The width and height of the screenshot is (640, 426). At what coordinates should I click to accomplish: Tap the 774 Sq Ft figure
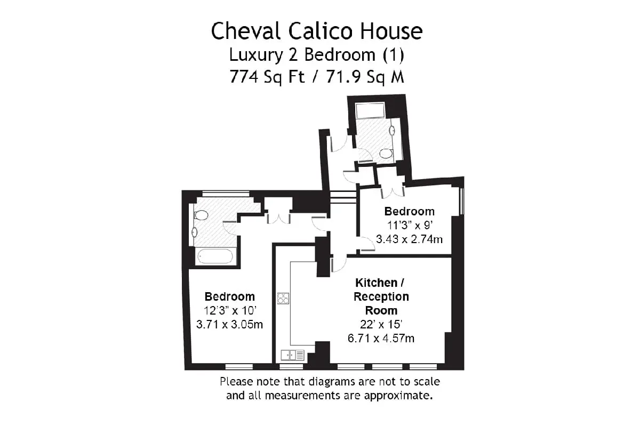(x=267, y=77)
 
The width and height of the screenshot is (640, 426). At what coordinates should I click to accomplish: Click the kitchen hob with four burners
(x=283, y=298)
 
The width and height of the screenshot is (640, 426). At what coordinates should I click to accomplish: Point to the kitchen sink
(x=293, y=355)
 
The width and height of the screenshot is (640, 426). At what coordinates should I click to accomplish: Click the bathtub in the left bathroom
(x=215, y=256)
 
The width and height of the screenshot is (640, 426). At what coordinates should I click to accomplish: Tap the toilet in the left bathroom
(x=201, y=215)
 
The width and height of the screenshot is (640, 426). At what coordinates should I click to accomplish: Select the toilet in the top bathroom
(x=386, y=154)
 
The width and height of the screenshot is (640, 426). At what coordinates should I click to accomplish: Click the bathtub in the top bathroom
(x=370, y=110)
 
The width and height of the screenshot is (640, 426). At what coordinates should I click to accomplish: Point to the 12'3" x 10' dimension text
(x=230, y=310)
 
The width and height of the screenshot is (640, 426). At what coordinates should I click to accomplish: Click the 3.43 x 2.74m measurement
(x=409, y=239)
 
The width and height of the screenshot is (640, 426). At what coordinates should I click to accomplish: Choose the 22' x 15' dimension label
(x=381, y=324)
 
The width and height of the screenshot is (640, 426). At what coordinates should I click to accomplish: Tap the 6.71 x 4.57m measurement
(x=381, y=338)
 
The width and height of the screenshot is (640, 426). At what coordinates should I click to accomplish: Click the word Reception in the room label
(x=381, y=297)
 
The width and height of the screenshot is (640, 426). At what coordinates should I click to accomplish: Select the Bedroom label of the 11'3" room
(x=409, y=212)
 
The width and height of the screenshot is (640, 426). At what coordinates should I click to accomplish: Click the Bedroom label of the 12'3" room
(x=230, y=296)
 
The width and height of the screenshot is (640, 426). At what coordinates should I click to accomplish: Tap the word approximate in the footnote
(x=398, y=396)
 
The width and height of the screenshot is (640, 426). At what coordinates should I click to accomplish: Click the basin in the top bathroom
(x=392, y=131)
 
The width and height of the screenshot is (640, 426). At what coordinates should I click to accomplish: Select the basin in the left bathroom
(x=195, y=232)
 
